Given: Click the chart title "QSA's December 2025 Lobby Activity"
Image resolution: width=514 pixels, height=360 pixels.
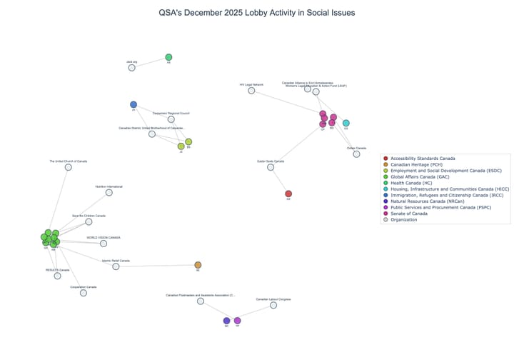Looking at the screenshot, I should (x=257, y=13).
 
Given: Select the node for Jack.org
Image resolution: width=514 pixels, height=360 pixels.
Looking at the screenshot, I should (x=132, y=68).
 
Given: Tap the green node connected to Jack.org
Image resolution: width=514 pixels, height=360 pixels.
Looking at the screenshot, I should (x=168, y=57).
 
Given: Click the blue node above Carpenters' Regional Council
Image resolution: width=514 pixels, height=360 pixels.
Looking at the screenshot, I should (x=133, y=104).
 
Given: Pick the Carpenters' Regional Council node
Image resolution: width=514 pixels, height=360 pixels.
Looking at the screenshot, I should (x=171, y=119).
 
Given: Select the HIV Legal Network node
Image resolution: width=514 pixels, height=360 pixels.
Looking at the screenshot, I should (x=251, y=91).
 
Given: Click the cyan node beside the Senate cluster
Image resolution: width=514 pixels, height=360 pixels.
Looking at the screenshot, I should (x=346, y=123).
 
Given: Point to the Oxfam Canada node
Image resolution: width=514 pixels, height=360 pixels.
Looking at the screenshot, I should (x=356, y=154).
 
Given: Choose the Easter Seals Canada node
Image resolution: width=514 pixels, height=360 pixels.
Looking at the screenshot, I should (x=271, y=167).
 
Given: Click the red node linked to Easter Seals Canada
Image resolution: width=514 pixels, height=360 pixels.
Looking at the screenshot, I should (x=288, y=194).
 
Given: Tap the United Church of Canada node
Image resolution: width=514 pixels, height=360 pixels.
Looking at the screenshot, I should (x=69, y=167).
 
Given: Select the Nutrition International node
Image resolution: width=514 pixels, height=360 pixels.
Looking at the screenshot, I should (x=109, y=192).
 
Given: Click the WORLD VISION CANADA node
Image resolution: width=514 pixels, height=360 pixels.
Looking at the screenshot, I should (x=104, y=244).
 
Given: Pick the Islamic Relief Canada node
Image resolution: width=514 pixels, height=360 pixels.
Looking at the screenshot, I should (x=116, y=266).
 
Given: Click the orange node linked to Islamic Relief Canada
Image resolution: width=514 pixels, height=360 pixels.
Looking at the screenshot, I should (x=198, y=265).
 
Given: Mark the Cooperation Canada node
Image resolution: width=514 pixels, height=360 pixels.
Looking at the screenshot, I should (x=84, y=293).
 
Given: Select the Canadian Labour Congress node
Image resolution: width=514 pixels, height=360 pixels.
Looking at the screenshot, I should (x=273, y=305).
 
